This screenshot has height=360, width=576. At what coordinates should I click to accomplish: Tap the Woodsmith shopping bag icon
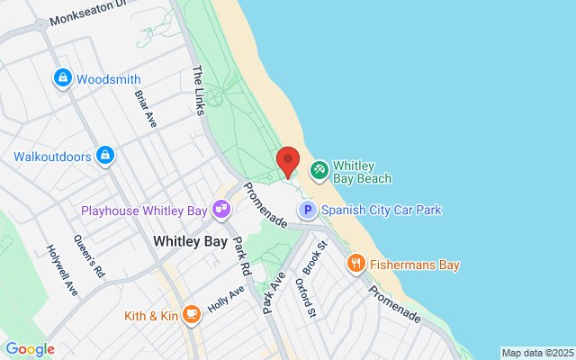pyautogui.click(x=62, y=79)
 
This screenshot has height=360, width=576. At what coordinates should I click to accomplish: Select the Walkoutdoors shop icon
pyautogui.click(x=106, y=157)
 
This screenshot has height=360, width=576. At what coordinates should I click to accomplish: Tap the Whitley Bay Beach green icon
pyautogui.click(x=319, y=170)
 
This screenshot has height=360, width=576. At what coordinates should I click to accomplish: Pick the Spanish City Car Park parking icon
pyautogui.click(x=308, y=211)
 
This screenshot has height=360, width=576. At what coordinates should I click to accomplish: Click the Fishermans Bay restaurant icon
pyautogui.click(x=356, y=265)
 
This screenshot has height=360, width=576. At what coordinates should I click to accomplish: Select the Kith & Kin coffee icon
pyautogui.click(x=191, y=315)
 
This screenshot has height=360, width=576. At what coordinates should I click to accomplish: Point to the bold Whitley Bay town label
pyautogui.click(x=190, y=241)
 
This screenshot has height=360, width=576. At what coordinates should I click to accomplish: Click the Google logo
pyautogui.click(x=30, y=349)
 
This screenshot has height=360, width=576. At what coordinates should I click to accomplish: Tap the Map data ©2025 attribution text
pyautogui.click(x=536, y=353)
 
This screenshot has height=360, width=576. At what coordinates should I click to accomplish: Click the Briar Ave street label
pyautogui.click(x=146, y=108)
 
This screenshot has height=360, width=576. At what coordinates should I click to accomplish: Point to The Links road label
pyautogui.click(x=199, y=90)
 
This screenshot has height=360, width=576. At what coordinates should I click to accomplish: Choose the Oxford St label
pyautogui.click(x=306, y=297)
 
